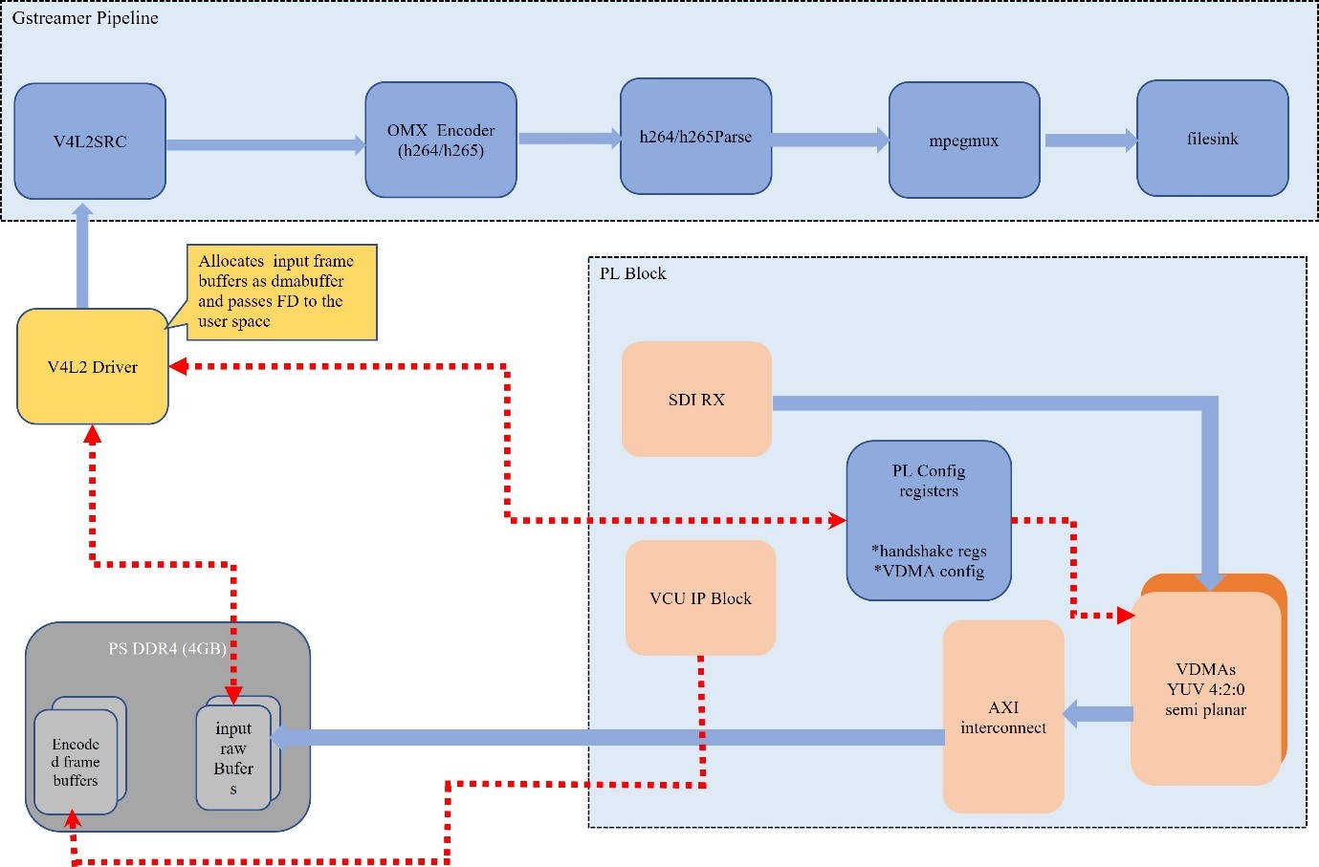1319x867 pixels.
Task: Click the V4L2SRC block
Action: coord(90,141)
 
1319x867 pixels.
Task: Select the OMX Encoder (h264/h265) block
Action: coord(441,140)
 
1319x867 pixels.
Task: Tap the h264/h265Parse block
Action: coord(695,137)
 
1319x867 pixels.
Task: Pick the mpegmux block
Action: coord(964,141)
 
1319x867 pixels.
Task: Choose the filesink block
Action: coord(1212,139)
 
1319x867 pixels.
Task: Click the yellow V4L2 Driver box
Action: coord(93,367)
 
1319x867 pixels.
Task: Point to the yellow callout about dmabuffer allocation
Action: coord(281,292)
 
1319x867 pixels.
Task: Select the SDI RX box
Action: coord(696,400)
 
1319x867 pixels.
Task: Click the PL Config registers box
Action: coord(928,521)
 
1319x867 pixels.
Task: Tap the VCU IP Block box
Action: coord(700,598)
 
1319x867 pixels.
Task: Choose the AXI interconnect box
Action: coord(1002,717)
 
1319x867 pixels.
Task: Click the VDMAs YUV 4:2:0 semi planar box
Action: coord(1205,689)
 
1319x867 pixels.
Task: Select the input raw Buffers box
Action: coord(233,758)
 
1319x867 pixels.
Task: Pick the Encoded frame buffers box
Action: coord(76,762)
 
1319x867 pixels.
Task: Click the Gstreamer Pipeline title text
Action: coord(85,18)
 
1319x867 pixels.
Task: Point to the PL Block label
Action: coord(632,273)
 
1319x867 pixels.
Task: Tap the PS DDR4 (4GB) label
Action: coord(166,649)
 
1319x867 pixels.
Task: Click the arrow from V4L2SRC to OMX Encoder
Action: coord(265,145)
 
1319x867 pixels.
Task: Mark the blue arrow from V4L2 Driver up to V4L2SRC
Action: coord(82,256)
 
